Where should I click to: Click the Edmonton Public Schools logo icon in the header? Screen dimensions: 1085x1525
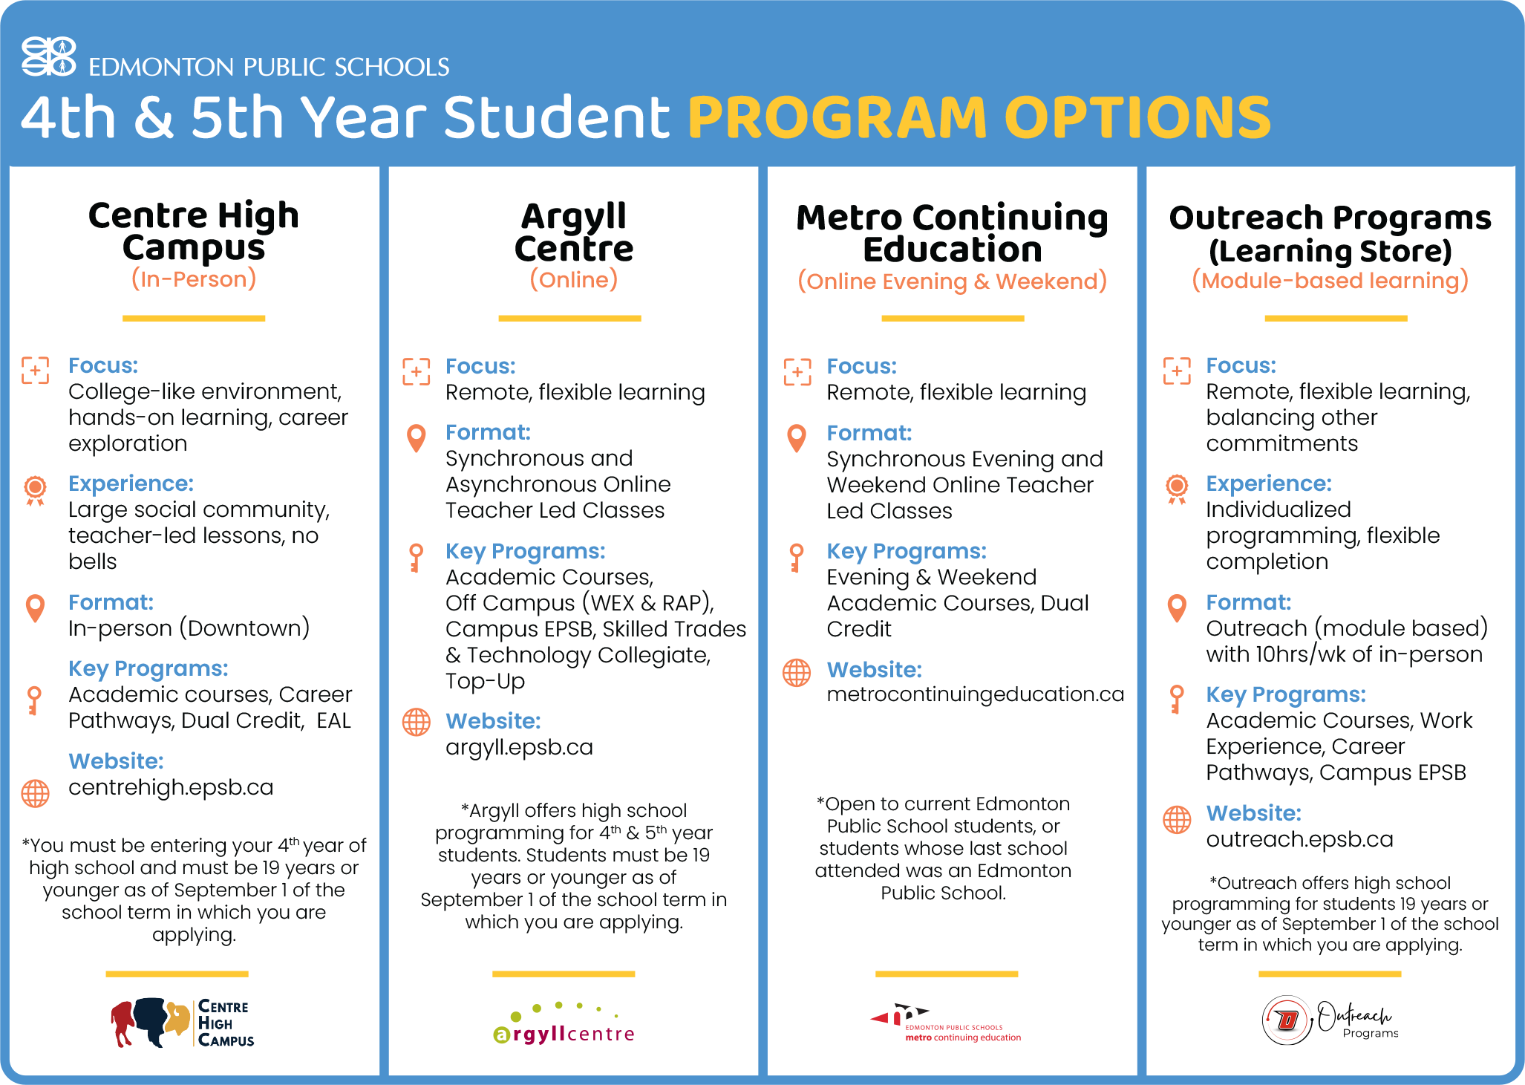click(x=48, y=56)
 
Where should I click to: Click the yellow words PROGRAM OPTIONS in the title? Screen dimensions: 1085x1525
click(x=979, y=117)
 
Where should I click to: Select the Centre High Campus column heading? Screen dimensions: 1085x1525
click(x=194, y=231)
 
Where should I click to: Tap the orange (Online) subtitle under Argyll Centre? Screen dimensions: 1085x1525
click(x=573, y=280)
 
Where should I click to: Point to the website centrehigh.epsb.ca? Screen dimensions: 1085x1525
click(x=171, y=787)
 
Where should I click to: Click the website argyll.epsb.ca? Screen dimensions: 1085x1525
click(x=519, y=747)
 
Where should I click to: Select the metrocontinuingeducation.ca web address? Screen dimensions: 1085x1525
click(x=975, y=694)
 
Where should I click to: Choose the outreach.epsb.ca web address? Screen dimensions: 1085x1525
click(x=1299, y=839)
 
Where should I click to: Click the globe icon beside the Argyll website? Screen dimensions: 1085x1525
click(x=416, y=722)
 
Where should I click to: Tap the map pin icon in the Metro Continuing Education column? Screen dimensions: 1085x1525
click(x=796, y=438)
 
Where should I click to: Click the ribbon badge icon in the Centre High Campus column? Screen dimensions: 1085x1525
click(x=35, y=489)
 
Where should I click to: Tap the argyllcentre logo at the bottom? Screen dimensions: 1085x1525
click(x=564, y=1026)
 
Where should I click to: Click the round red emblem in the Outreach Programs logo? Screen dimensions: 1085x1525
click(x=1287, y=1020)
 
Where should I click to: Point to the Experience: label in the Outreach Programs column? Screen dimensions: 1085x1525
click(x=1268, y=483)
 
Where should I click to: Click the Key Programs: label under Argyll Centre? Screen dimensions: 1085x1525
click(x=525, y=551)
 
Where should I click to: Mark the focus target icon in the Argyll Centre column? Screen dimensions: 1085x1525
click(x=416, y=371)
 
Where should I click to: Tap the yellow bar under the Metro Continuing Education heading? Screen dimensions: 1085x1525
click(x=953, y=319)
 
